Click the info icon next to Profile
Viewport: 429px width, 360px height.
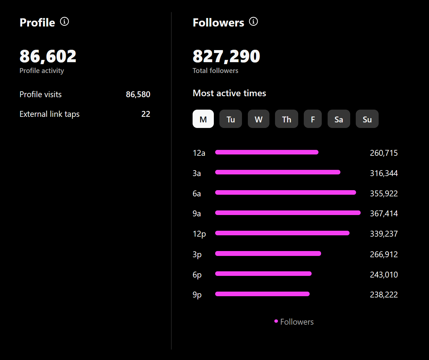point(64,22)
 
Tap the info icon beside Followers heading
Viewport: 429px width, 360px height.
point(253,22)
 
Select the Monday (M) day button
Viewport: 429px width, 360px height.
point(203,119)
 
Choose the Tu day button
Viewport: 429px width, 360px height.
point(231,119)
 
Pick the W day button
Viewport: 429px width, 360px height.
point(258,119)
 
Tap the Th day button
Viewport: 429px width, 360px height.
point(286,119)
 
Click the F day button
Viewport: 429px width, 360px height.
point(313,119)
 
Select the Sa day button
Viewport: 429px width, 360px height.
point(339,119)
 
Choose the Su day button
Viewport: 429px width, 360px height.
point(367,119)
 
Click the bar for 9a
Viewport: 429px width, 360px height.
point(288,213)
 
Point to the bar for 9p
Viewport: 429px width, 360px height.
point(262,294)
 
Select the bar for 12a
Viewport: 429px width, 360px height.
point(266,152)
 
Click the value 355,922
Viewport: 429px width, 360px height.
point(384,193)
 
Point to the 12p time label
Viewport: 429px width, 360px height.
point(199,234)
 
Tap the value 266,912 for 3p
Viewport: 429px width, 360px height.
point(384,254)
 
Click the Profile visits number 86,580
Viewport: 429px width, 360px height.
point(138,95)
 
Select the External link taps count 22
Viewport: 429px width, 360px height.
point(146,114)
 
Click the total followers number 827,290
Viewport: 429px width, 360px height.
point(226,56)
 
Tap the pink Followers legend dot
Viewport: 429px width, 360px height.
point(276,321)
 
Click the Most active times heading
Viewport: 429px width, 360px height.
point(229,93)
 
